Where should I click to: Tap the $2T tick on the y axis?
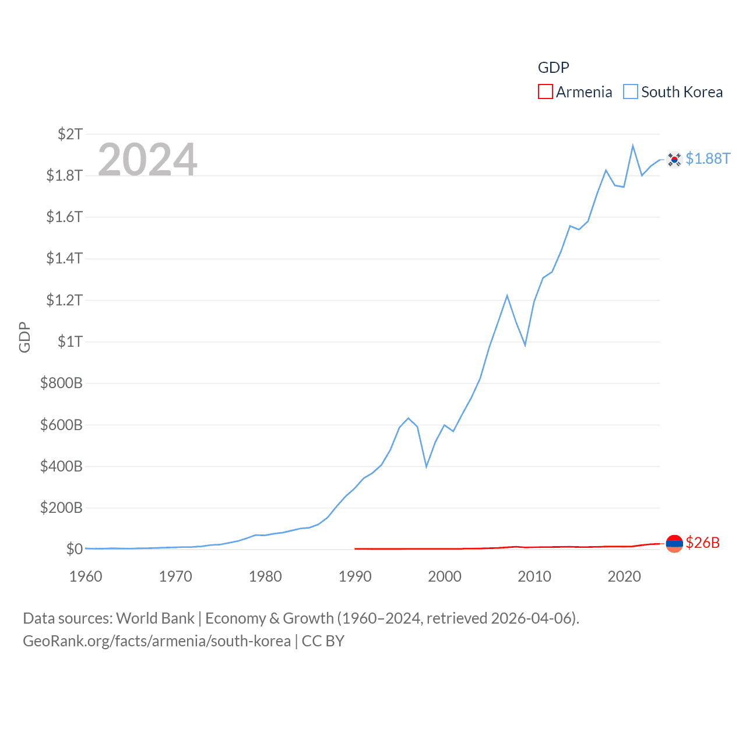71,134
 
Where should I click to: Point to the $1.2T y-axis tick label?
65,300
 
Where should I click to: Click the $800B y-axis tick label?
61,383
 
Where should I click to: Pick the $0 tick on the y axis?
74,549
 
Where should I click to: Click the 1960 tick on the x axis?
86,576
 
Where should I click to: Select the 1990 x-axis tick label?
355,576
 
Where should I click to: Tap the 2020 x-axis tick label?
624,576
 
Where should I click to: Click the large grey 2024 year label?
147,160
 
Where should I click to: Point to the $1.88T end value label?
708,159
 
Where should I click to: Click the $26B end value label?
702,543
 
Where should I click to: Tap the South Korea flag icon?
674,159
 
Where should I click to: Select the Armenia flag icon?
674,543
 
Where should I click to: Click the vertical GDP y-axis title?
24,337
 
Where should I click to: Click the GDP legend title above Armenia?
553,68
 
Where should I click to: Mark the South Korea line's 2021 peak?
633,146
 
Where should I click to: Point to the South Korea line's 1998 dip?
427,466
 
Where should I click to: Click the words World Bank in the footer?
156,618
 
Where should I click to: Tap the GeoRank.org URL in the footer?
157,641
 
